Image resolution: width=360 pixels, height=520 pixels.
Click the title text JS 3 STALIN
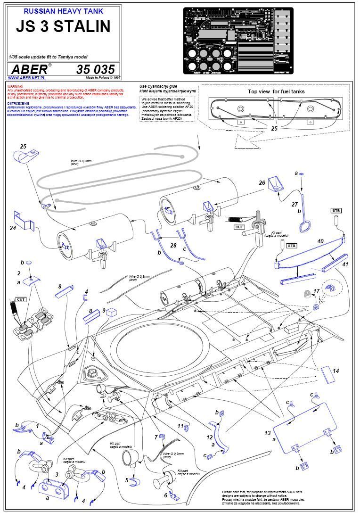tap(64, 26)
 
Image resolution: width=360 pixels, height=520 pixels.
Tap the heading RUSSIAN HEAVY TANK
tap(64, 10)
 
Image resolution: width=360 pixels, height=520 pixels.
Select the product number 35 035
tap(95, 69)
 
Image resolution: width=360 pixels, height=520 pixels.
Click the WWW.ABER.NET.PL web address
tap(27, 78)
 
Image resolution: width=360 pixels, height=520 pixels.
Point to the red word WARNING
tap(15, 87)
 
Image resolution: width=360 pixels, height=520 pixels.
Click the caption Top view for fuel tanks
tap(276, 91)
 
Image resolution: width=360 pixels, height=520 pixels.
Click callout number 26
tap(262, 182)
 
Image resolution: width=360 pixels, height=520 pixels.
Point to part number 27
tap(295, 204)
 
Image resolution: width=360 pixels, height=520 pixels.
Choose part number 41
tap(345, 264)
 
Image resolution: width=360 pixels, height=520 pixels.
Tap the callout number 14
tap(335, 371)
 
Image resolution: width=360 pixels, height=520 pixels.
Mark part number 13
tap(268, 433)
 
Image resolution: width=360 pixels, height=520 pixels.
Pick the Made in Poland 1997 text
tap(103, 78)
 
